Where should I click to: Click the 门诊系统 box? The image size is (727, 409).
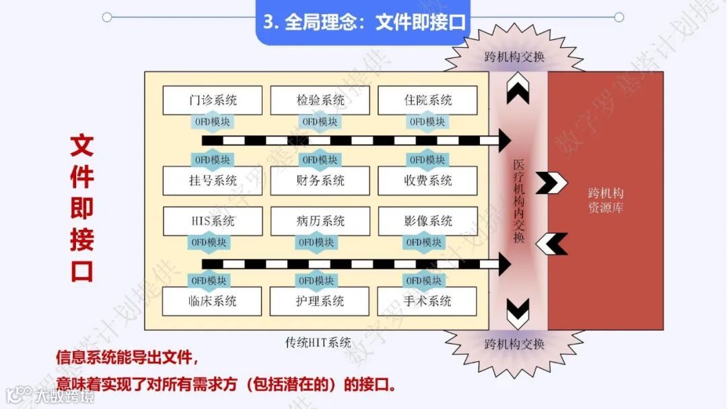[213, 100]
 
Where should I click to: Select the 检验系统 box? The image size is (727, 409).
[320, 100]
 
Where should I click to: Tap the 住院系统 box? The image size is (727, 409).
[427, 100]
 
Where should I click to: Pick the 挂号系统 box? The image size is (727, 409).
[213, 181]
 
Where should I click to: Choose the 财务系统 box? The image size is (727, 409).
[320, 181]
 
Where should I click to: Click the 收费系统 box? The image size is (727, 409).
[427, 181]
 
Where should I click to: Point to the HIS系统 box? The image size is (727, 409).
[213, 221]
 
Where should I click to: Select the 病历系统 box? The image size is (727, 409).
[320, 221]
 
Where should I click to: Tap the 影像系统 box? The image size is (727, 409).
[427, 221]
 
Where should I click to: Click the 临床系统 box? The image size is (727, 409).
[213, 301]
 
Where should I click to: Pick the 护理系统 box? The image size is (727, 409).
[320, 301]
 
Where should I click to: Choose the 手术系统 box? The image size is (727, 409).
[427, 301]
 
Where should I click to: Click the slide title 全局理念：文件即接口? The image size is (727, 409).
[364, 22]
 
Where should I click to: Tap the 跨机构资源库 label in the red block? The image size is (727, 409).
[606, 201]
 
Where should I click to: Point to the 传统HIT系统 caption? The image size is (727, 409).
[318, 342]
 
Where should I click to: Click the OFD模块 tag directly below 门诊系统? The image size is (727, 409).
[211, 122]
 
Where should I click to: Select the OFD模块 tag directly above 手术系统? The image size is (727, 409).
[426, 280]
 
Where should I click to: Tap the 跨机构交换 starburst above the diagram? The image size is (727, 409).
[514, 57]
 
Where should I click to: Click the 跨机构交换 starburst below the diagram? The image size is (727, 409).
[514, 344]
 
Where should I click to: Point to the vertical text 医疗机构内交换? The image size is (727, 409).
[518, 201]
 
